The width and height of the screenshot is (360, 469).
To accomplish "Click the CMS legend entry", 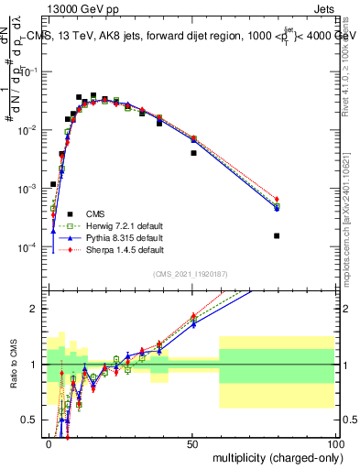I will (x=94, y=213).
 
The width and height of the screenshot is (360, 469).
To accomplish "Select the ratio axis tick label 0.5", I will (x=32, y=421).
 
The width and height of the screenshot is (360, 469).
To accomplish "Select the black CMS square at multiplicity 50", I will (x=193, y=153).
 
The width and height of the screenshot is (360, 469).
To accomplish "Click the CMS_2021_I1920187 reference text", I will (x=190, y=274).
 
